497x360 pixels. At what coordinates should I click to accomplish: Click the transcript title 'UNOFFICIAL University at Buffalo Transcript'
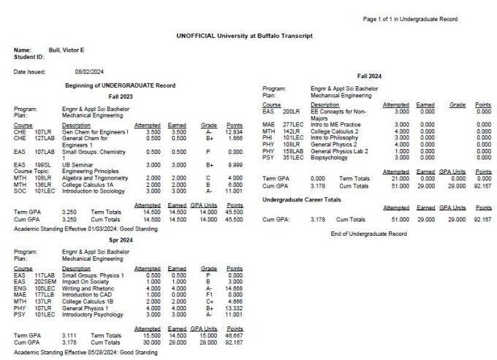pos(245,35)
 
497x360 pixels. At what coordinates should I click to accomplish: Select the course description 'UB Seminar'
pos(77,165)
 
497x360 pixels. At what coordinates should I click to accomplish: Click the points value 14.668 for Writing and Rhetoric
pos(233,288)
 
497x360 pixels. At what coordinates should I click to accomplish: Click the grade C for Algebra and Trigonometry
pos(208,178)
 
